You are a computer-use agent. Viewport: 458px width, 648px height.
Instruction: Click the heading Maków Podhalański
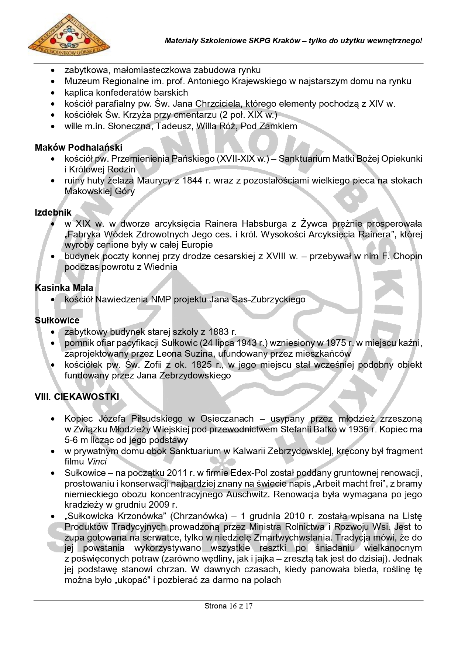coord(78,148)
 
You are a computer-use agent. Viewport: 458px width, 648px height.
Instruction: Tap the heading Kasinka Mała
coord(64,288)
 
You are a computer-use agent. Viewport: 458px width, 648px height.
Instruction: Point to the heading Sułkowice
coord(57,320)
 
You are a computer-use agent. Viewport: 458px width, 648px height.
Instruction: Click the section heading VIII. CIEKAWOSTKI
coord(77,397)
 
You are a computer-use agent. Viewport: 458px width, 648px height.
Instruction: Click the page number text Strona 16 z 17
coord(228,606)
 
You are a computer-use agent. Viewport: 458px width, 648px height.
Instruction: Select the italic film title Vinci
coord(97,462)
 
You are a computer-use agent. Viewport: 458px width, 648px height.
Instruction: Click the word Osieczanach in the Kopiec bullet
coord(227,419)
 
